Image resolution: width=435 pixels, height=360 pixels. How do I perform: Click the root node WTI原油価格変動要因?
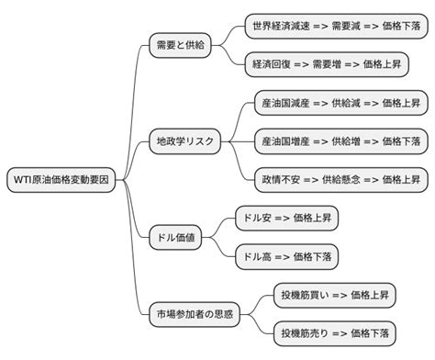[x=61, y=179]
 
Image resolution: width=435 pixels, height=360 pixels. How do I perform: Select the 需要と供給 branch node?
[x=179, y=44]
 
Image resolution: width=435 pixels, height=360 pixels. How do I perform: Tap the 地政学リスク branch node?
[x=185, y=141]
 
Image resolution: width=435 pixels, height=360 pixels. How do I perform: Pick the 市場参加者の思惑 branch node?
[x=193, y=315]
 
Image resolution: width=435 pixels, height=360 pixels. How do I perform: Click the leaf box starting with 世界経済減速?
[x=337, y=26]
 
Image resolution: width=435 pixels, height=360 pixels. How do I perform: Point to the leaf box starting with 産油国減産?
[x=340, y=104]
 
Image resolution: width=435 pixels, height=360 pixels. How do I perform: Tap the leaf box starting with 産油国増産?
[x=340, y=141]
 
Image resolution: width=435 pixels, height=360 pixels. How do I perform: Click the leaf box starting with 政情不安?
[x=340, y=179]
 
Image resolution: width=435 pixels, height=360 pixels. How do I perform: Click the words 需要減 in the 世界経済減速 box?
[x=347, y=26]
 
